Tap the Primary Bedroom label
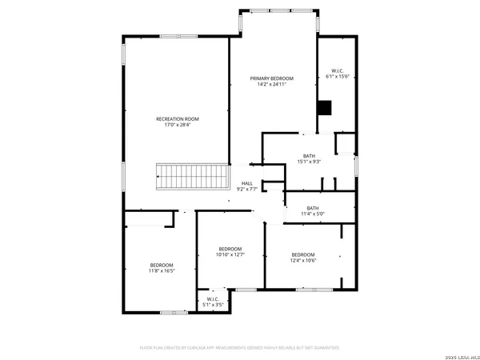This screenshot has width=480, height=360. point(271,78)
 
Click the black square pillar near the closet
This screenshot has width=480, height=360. point(324,108)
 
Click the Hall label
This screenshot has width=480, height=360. point(248,184)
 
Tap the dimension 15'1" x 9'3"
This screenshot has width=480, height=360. point(310,162)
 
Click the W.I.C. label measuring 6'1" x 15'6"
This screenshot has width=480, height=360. point(338,70)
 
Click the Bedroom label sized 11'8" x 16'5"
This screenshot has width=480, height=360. point(161,265)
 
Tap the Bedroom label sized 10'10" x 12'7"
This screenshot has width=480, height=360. point(231,249)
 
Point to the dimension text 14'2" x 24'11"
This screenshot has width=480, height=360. point(271,85)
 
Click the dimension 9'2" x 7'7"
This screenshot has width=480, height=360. point(248,190)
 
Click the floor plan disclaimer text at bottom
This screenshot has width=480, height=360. point(239,348)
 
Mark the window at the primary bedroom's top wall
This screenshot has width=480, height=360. point(278,13)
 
